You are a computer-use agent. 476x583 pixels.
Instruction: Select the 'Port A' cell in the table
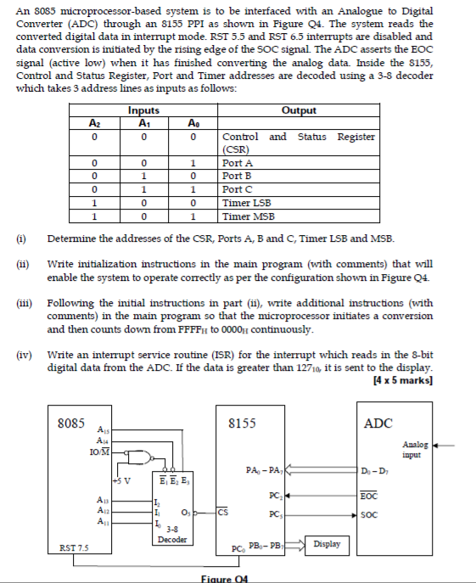tap(232, 162)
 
